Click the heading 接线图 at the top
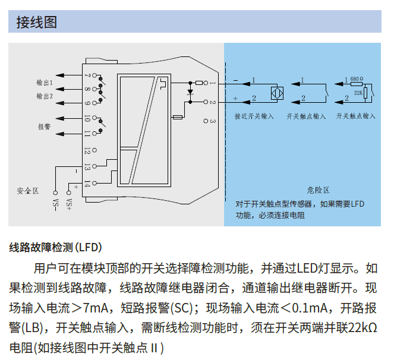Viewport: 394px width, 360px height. tap(37, 23)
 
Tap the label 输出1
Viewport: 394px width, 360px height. tap(45, 83)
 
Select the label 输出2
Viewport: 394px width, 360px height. tap(45, 96)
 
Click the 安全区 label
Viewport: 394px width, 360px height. tap(27, 191)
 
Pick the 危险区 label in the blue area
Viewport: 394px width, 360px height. tap(318, 190)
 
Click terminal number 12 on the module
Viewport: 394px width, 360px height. tap(87, 151)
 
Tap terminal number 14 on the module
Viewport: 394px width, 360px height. tap(87, 184)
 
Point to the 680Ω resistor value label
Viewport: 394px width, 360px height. tap(357, 78)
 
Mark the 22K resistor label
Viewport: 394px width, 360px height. tap(358, 93)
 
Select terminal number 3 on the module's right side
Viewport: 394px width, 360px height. tap(212, 121)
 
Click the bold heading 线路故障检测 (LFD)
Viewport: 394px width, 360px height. tap(56, 247)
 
